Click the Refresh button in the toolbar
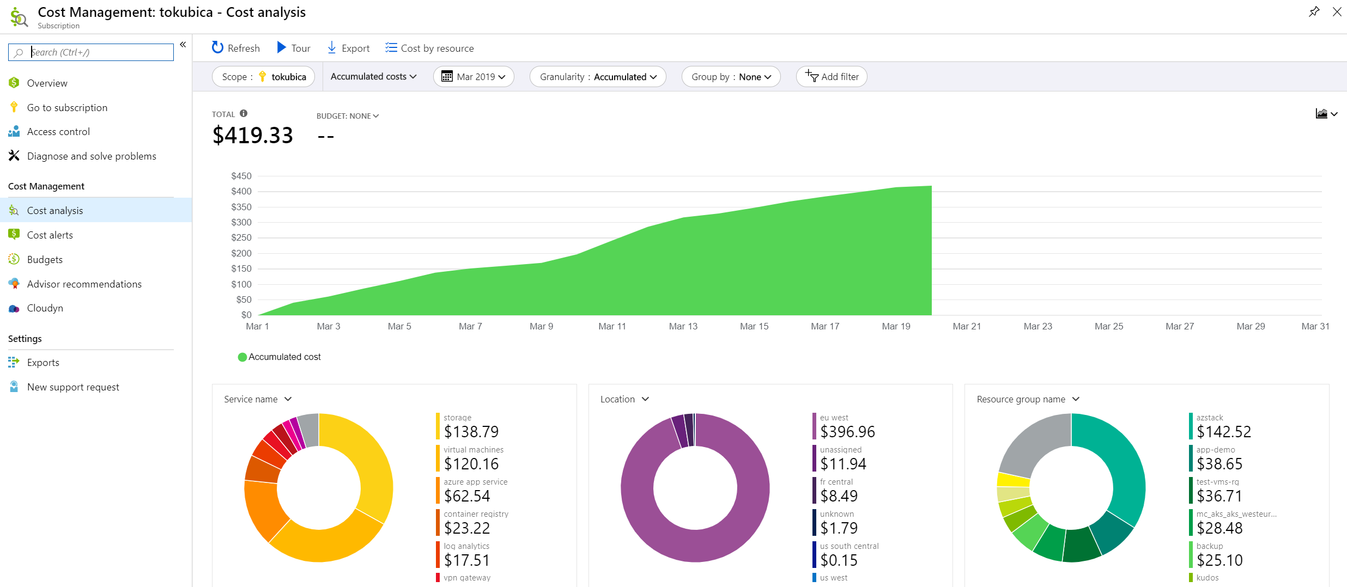[235, 48]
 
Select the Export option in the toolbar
[348, 48]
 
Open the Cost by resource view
[429, 48]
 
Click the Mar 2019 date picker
[474, 77]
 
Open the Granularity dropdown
[598, 77]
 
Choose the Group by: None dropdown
[731, 77]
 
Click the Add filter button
[832, 77]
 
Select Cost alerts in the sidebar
[50, 235]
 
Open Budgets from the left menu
[45, 260]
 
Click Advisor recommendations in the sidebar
[84, 284]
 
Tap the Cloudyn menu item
[45, 308]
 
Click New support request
[73, 387]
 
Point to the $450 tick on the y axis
[241, 176]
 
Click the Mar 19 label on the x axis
[896, 326]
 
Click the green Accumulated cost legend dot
[242, 357]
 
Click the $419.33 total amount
[253, 135]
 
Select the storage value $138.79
[471, 432]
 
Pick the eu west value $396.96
[847, 432]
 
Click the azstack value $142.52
[1224, 432]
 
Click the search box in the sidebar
[91, 52]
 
